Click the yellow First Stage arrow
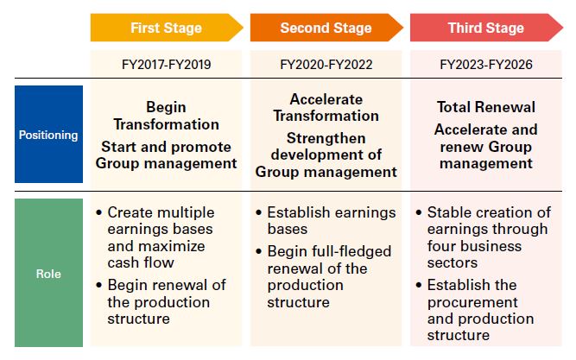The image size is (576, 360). pyautogui.click(x=167, y=28)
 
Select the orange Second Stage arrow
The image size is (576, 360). pyautogui.click(x=326, y=28)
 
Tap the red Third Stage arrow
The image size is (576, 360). pyautogui.click(x=486, y=28)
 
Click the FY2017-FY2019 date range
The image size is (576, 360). pyautogui.click(x=167, y=65)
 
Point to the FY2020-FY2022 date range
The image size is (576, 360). pyautogui.click(x=326, y=65)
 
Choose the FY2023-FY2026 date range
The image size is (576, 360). pyautogui.click(x=486, y=65)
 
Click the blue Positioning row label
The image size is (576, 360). pyautogui.click(x=48, y=135)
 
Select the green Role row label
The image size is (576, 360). pyautogui.click(x=48, y=273)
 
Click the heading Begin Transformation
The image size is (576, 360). pyautogui.click(x=167, y=116)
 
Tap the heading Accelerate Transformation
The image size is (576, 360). pyautogui.click(x=326, y=108)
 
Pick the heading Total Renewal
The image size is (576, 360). pyautogui.click(x=486, y=107)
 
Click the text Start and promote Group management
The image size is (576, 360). pyautogui.click(x=167, y=155)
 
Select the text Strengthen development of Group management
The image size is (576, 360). pyautogui.click(x=326, y=155)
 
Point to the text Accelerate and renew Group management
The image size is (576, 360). pyautogui.click(x=486, y=147)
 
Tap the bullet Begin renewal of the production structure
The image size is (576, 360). pyautogui.click(x=160, y=301)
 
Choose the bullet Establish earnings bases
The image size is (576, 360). pyautogui.click(x=326, y=220)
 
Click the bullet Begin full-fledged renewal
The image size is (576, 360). pyautogui.click(x=323, y=276)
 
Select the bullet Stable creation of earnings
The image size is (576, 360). pyautogui.click(x=483, y=237)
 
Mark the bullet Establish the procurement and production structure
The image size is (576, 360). pyautogui.click(x=475, y=310)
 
